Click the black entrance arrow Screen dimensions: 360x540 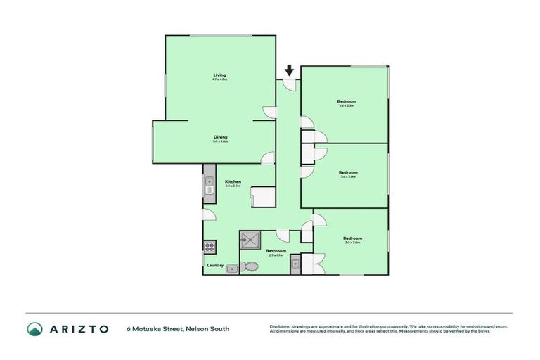(289, 70)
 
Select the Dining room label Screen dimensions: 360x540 (220, 139)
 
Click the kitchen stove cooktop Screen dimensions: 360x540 (209, 247)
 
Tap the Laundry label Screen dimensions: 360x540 (215, 265)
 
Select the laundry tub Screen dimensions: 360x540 (231, 269)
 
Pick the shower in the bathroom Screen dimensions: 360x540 (250, 241)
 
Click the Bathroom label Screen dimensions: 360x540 (276, 251)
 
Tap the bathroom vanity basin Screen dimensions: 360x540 (296, 264)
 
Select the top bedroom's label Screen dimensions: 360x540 (347, 103)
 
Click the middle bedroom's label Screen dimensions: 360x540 (348, 173)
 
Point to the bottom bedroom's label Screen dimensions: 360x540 (352, 239)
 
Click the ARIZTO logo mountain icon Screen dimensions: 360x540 (35, 328)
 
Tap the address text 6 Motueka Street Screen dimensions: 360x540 (177, 328)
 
